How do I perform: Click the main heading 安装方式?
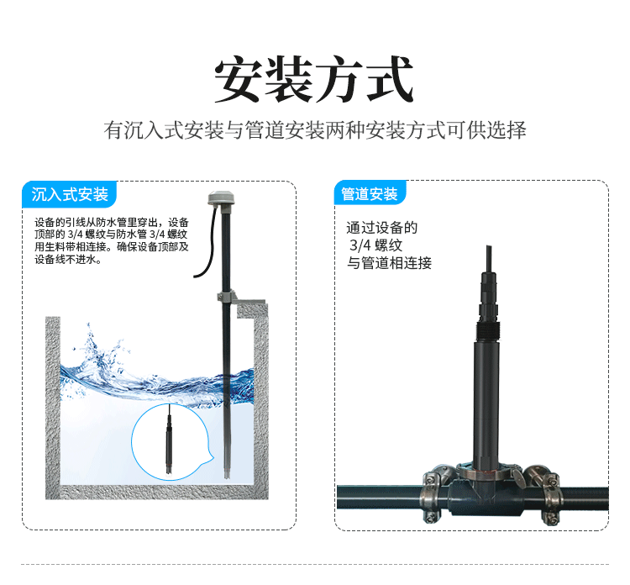pyautogui.click(x=314, y=79)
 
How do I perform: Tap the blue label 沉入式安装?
pyautogui.click(x=70, y=195)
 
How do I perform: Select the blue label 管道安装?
pyautogui.click(x=370, y=193)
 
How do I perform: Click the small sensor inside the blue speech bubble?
pyautogui.click(x=170, y=441)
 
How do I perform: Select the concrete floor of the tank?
pyautogui.click(x=157, y=493)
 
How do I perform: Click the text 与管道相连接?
pyautogui.click(x=389, y=263)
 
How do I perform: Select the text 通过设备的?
pyautogui.click(x=382, y=228)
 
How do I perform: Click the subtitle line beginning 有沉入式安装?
pyautogui.click(x=315, y=130)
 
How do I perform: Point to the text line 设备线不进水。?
pyautogui.click(x=68, y=260)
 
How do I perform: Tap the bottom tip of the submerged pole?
pyautogui.click(x=227, y=477)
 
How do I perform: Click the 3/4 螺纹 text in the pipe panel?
pyautogui.click(x=376, y=245)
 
